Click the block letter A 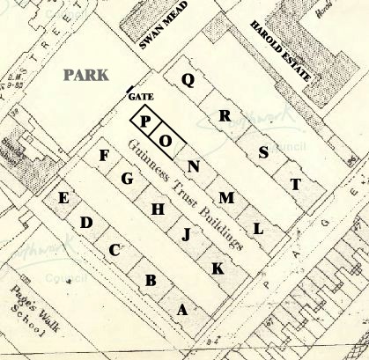click(x=183, y=309)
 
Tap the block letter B click(x=151, y=281)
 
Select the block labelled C click(x=114, y=250)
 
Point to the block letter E click(x=63, y=198)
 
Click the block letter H click(x=158, y=209)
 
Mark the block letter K click(x=217, y=267)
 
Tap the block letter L click(x=258, y=229)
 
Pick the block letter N click(x=194, y=167)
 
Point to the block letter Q click(x=187, y=79)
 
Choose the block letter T click(x=296, y=183)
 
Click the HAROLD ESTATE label click(x=281, y=52)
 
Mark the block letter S click(x=262, y=151)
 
